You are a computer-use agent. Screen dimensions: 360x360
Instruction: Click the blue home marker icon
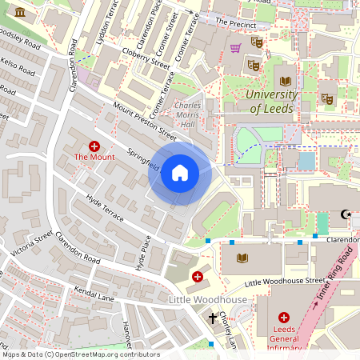tap(179, 173)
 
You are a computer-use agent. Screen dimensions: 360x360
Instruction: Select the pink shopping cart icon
tap(235, 48)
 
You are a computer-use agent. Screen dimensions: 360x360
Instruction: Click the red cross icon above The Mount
tap(94, 146)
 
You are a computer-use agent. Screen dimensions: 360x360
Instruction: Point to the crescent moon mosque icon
tap(346, 214)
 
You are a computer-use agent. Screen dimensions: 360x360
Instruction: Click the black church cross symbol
tap(213, 318)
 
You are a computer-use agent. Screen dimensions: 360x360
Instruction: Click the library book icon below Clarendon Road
tap(243, 258)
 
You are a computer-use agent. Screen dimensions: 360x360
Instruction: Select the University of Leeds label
tap(272, 102)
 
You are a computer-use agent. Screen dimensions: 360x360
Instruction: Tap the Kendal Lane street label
tap(94, 298)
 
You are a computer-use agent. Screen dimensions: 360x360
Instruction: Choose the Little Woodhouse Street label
tap(285, 282)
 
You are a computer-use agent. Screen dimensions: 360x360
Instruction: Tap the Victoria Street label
tap(31, 245)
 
